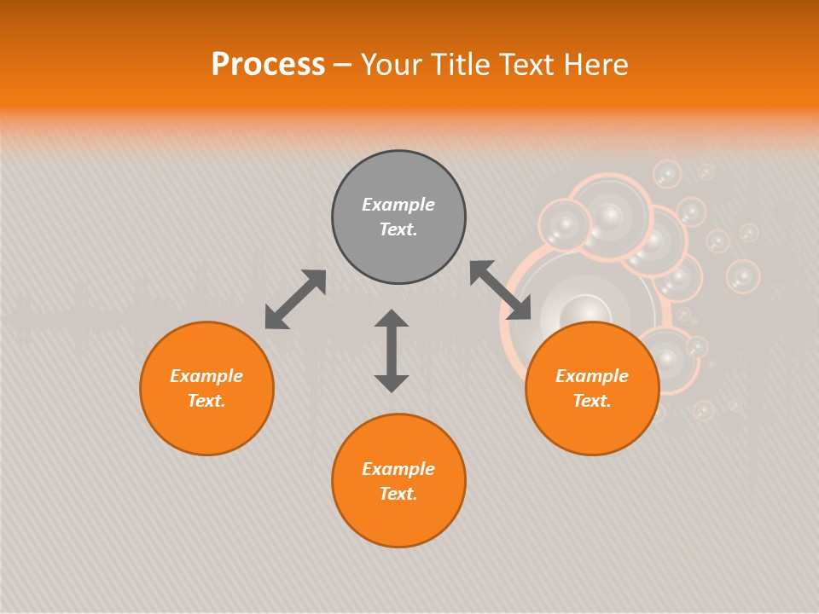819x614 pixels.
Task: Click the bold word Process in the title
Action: (268, 65)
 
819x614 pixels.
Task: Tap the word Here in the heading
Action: (595, 65)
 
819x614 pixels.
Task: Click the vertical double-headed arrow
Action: (392, 351)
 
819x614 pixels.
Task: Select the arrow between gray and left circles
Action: (295, 299)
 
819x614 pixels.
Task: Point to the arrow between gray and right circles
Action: (501, 290)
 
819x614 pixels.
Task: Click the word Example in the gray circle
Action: (398, 205)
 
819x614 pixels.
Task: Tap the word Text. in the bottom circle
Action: (398, 494)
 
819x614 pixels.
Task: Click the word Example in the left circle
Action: (206, 376)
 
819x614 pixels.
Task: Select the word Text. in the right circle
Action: (592, 401)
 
